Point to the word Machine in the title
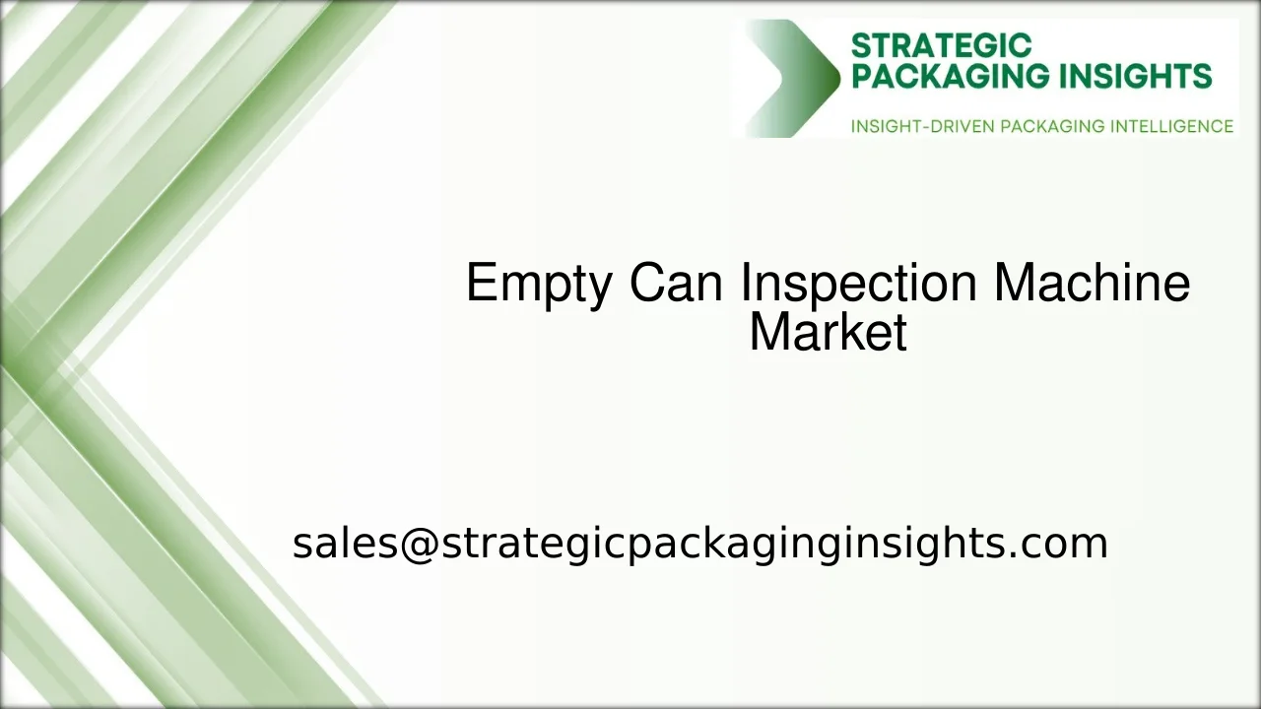pyautogui.click(x=1092, y=284)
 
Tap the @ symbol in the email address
pyautogui.click(x=419, y=543)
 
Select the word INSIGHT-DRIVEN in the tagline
pyautogui.click(x=922, y=126)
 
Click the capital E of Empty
pyautogui.click(x=480, y=284)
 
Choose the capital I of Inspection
pyautogui.click(x=746, y=284)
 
